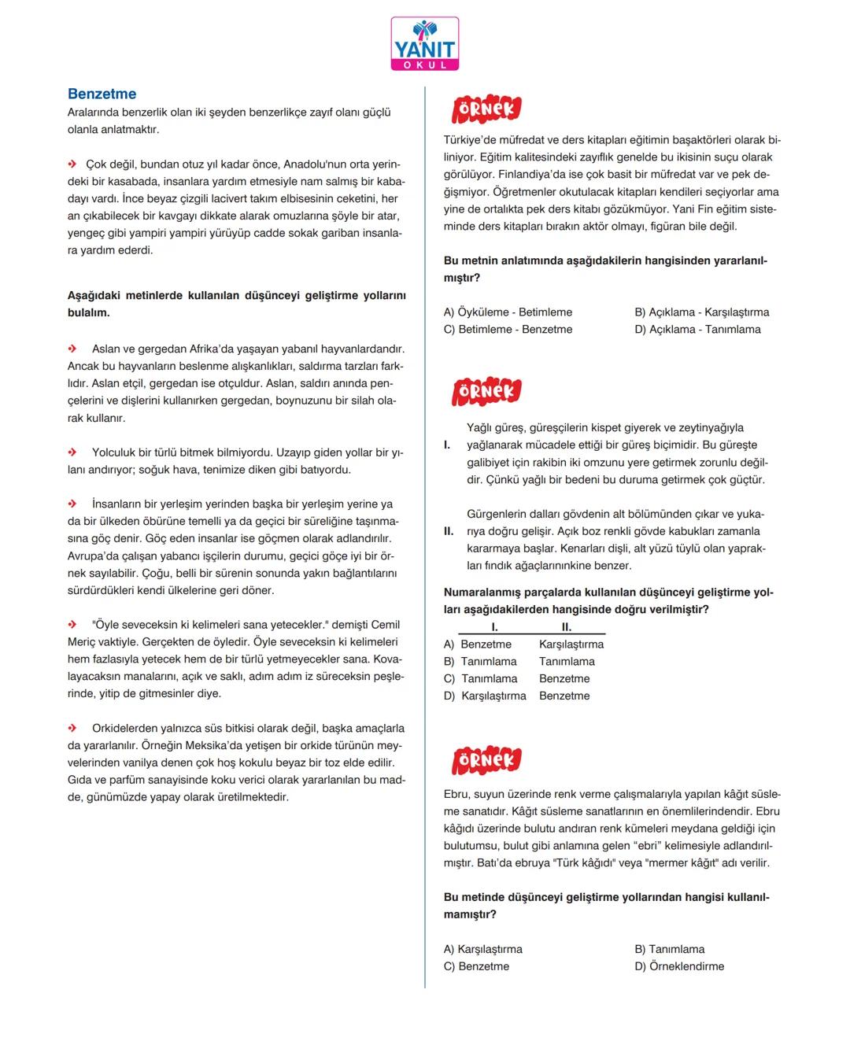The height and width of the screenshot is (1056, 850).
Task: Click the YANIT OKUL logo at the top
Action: point(424,44)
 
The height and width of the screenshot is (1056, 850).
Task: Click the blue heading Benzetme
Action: point(102,94)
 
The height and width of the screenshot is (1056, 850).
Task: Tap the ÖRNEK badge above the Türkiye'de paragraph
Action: point(486,109)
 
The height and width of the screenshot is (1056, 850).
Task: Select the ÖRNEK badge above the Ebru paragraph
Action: point(486,759)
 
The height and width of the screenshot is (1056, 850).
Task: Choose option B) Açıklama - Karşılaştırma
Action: point(701,312)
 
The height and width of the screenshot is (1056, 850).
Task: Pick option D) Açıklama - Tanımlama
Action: point(697,330)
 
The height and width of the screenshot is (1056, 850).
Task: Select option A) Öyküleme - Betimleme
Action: point(508,312)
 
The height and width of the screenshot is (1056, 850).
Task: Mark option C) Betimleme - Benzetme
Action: point(508,330)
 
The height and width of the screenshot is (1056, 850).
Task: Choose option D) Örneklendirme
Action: point(679,966)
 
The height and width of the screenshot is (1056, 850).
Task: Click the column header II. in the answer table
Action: point(567,627)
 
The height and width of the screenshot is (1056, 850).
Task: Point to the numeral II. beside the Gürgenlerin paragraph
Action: point(449,531)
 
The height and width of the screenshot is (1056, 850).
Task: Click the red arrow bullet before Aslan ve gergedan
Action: point(72,349)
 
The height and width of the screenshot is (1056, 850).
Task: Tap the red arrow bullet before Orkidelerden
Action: point(72,728)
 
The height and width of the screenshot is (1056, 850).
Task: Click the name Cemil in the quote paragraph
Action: point(386,625)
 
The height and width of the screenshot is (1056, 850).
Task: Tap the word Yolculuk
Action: point(113,452)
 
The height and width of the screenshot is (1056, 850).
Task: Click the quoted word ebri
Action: point(641,846)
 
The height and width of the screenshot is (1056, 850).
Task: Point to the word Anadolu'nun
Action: point(316,164)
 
